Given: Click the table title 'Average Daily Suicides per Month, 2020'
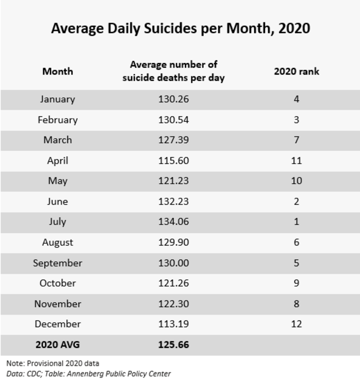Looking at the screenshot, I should pyautogui.click(x=180, y=28).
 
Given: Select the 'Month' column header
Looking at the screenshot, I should pyautogui.click(x=58, y=71).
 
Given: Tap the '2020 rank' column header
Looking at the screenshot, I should pyautogui.click(x=296, y=71).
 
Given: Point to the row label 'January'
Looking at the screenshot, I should pyautogui.click(x=58, y=99).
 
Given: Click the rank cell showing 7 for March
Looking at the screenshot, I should pyautogui.click(x=296, y=140).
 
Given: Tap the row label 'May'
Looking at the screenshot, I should pyautogui.click(x=58, y=181).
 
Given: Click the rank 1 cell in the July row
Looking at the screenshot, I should pyautogui.click(x=296, y=222).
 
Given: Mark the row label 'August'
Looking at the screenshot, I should pyautogui.click(x=58, y=242).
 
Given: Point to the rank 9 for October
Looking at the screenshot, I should pyautogui.click(x=296, y=283).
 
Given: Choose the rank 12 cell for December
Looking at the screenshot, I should pyautogui.click(x=296, y=324).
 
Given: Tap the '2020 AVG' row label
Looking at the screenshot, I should pyautogui.click(x=58, y=345).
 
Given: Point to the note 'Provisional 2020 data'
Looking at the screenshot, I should pyautogui.click(x=53, y=363).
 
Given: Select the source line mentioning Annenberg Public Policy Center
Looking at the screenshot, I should pyautogui.click(x=88, y=374).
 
